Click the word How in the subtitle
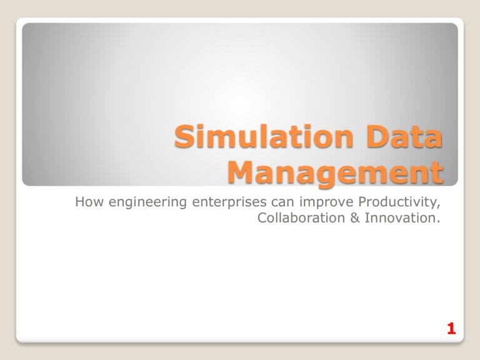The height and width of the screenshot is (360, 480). (x=84, y=202)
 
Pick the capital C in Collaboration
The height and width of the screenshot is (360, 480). (x=261, y=218)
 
